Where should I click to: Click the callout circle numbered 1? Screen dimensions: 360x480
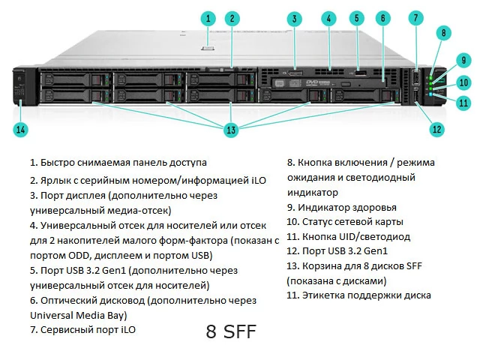209,18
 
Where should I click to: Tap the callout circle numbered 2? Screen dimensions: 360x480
232,18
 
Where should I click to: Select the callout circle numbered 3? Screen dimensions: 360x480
295,19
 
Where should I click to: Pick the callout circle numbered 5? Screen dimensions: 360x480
356,19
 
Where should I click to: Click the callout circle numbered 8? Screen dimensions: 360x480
444,32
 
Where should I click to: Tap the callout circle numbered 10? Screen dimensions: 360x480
463,82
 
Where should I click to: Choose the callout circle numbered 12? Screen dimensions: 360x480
436,128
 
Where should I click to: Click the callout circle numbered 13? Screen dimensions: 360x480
230,130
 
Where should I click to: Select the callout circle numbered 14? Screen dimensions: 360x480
20,130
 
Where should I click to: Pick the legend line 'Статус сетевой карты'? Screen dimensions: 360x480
345,221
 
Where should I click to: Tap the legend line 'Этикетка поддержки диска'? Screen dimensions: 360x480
358,295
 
